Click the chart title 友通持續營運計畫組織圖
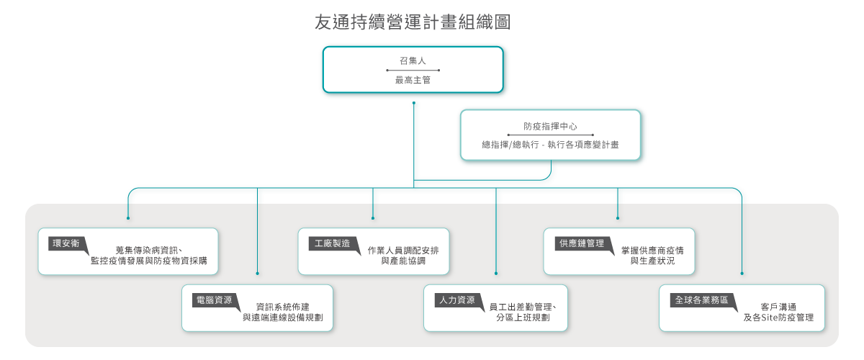(413, 22)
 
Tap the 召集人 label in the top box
(413, 60)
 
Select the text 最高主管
(413, 81)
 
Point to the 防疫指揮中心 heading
(549, 126)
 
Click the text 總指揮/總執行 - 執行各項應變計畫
(550, 145)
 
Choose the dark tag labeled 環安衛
(66, 243)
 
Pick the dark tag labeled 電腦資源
(214, 300)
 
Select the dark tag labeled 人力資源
(456, 300)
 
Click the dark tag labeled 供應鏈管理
(581, 243)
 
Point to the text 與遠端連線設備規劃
(282, 317)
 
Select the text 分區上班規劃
(523, 317)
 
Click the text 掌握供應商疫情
(652, 250)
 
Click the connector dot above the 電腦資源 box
(257, 274)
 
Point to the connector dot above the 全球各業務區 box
(742, 274)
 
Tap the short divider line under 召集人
(413, 71)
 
